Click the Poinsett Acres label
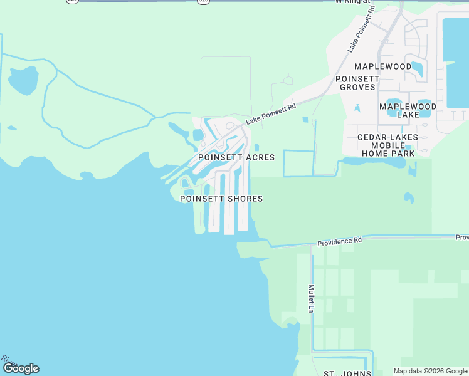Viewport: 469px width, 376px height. pyautogui.click(x=236, y=157)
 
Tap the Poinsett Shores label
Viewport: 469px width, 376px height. pyautogui.click(x=221, y=199)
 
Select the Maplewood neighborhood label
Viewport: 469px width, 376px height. pyautogui.click(x=382, y=66)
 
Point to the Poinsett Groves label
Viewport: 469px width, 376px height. pyautogui.click(x=357, y=83)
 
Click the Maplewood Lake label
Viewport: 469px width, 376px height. pyautogui.click(x=408, y=110)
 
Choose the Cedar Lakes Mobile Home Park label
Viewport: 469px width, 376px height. pyautogui.click(x=386, y=145)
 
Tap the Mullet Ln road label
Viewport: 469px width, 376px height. pyautogui.click(x=311, y=298)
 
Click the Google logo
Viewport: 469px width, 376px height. pyautogui.click(x=21, y=368)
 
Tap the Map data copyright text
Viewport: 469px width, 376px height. pyautogui.click(x=429, y=371)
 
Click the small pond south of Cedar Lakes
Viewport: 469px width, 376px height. pyautogui.click(x=409, y=198)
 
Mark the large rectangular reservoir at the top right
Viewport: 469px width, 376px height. pyautogui.click(x=456, y=60)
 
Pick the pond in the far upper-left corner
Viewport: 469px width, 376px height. pyautogui.click(x=23, y=80)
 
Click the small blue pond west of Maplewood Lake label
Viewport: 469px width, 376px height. pyautogui.click(x=357, y=108)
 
